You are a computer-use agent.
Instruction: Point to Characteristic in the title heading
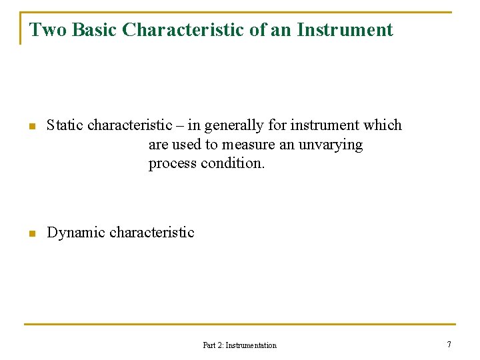181,30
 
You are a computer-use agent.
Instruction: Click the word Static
65,125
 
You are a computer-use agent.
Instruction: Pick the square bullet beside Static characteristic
31,127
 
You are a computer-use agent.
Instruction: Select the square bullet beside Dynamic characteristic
31,234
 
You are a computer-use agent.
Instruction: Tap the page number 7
449,345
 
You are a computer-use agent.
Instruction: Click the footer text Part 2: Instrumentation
239,345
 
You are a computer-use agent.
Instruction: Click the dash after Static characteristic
179,126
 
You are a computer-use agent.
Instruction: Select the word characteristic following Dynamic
151,233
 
